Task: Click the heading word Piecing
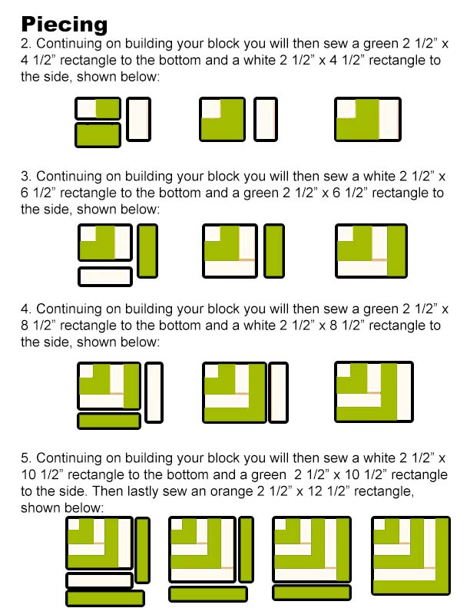click(x=65, y=24)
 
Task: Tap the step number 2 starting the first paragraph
click(x=25, y=44)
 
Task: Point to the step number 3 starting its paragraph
click(x=25, y=176)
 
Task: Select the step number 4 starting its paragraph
click(x=25, y=309)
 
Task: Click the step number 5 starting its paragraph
click(x=25, y=458)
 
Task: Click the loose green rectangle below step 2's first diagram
click(x=98, y=135)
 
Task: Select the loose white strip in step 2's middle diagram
click(x=266, y=119)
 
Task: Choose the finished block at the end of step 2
click(x=368, y=119)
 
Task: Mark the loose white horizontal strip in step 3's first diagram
click(x=105, y=276)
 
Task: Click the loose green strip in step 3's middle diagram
click(x=274, y=251)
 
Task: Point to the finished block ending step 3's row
click(x=371, y=251)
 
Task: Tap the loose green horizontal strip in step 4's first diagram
click(x=109, y=421)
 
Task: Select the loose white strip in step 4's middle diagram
click(x=279, y=392)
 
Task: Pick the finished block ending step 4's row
click(x=374, y=392)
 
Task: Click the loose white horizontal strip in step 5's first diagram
click(x=100, y=580)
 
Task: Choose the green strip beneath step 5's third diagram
click(x=312, y=593)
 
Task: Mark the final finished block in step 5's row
click(x=411, y=555)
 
